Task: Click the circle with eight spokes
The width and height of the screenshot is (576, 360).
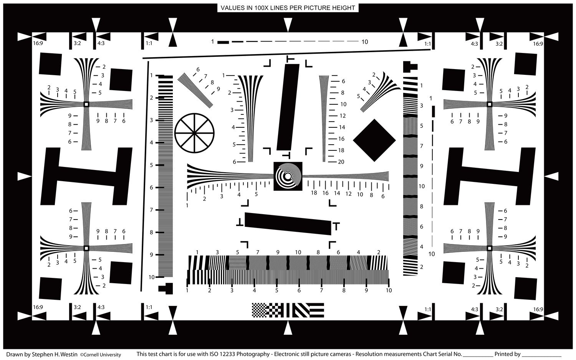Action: point(194,133)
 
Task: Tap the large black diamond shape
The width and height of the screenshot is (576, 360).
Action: point(374,140)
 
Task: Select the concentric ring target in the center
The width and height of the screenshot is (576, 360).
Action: point(288,176)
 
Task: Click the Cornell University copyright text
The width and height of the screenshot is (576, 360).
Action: point(100,355)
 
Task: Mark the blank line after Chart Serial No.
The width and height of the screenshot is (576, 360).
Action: point(478,357)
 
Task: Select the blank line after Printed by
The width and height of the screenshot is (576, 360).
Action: point(541,357)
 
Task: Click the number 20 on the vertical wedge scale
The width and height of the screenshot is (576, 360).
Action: point(341,162)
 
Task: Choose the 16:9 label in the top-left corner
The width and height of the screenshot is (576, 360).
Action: point(38,43)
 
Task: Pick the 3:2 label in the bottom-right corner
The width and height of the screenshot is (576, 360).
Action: point(499,309)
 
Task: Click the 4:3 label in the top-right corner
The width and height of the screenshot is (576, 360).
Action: point(474,44)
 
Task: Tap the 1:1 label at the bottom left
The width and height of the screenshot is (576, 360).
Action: point(149,307)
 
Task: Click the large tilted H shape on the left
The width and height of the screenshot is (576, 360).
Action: point(86,176)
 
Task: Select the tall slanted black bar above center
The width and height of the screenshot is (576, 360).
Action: point(288,107)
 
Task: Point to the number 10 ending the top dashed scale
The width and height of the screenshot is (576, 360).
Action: point(365,42)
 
